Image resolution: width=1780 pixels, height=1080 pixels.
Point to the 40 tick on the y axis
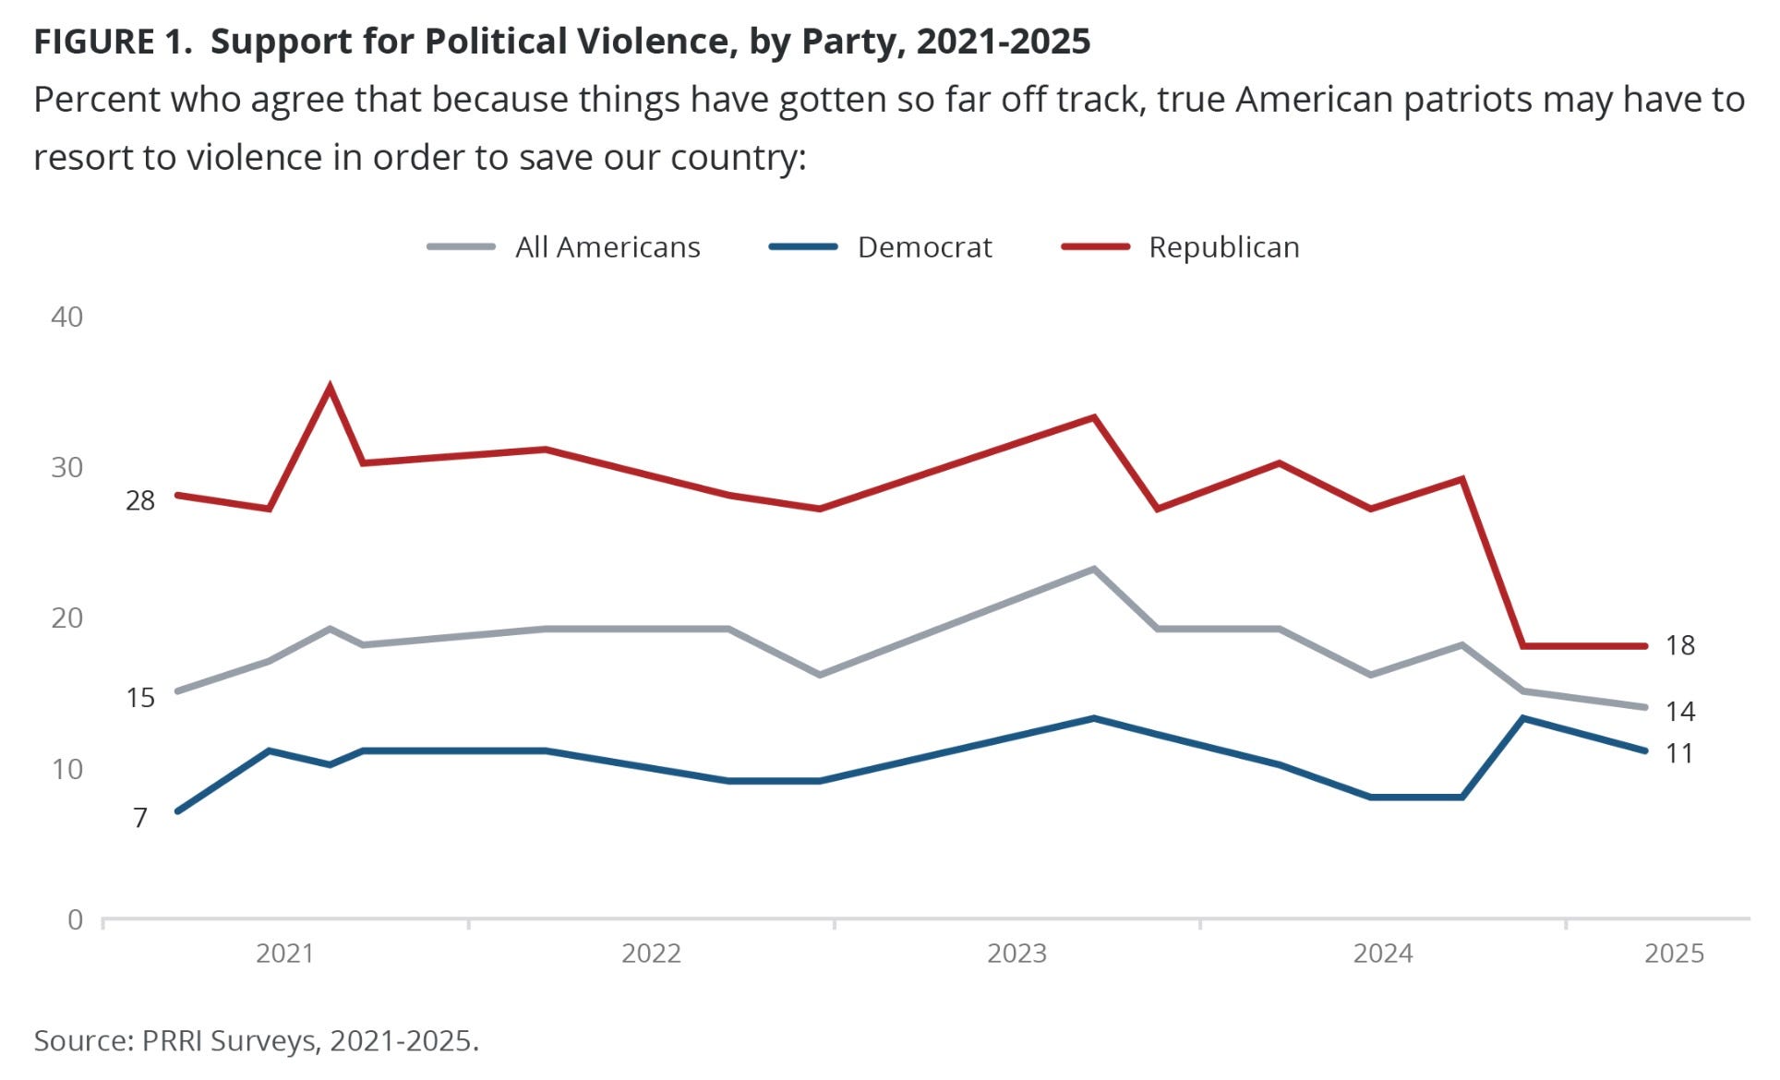(x=67, y=317)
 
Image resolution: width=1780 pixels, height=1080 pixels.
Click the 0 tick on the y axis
(x=76, y=919)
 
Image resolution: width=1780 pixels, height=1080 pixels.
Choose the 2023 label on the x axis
(x=1016, y=953)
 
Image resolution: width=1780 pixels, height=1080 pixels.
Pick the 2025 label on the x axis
(x=1674, y=953)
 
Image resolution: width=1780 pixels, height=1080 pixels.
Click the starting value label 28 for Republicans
(x=140, y=500)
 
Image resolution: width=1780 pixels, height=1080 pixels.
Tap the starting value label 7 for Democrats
(x=140, y=818)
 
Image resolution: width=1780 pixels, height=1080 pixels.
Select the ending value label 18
(x=1680, y=645)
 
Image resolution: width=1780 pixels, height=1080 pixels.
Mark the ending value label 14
(x=1680, y=711)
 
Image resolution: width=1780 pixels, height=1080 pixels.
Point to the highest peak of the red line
(x=330, y=388)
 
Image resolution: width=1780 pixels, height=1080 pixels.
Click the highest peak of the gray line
(x=1094, y=569)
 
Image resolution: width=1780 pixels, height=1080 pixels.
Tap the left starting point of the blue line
(x=177, y=811)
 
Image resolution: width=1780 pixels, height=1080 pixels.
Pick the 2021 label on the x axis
(x=284, y=953)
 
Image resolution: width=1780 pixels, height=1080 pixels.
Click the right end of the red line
(x=1645, y=646)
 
